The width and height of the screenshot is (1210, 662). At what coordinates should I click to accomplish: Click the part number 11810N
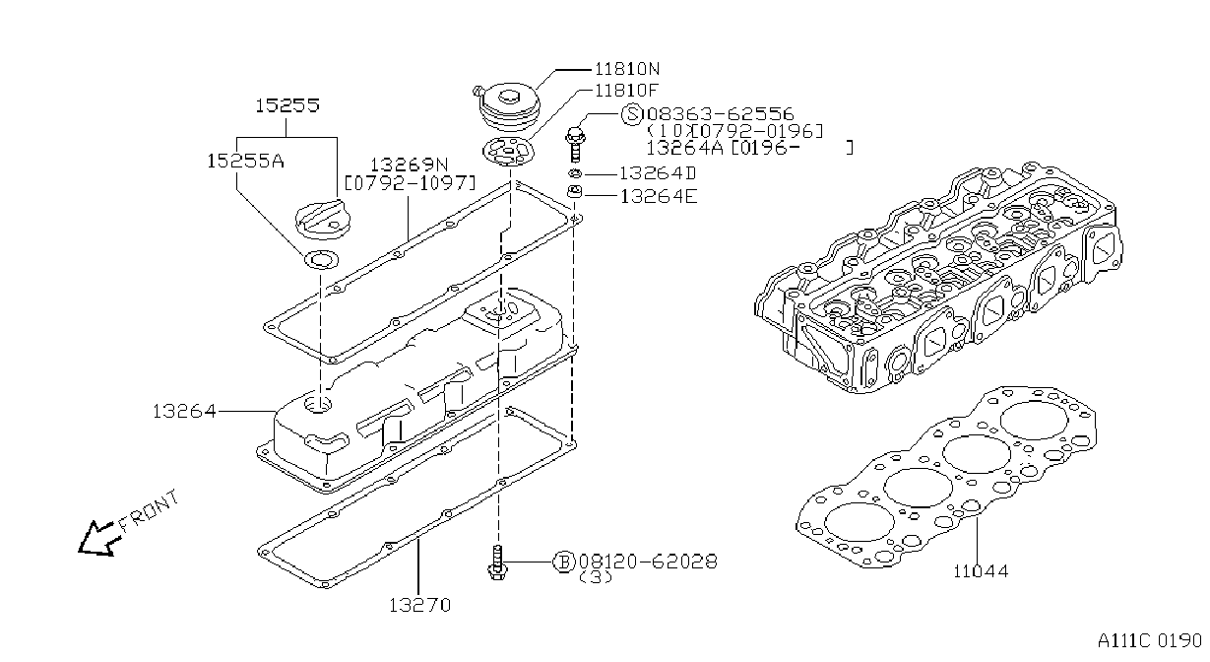(627, 69)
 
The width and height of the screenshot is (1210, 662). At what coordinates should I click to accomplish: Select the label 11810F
(626, 90)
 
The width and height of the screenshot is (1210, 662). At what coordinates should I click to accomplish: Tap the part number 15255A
(246, 161)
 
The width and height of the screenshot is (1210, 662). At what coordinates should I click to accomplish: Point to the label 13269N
(410, 165)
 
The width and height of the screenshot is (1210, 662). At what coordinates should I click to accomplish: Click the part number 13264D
(658, 173)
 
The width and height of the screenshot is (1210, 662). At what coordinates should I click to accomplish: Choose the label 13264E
(659, 196)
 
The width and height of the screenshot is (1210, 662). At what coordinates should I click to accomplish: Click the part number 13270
(419, 605)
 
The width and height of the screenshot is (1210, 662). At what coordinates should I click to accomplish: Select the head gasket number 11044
(981, 571)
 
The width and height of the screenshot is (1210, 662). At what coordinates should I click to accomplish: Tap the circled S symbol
(632, 114)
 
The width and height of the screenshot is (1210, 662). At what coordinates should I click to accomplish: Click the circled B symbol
(564, 563)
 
